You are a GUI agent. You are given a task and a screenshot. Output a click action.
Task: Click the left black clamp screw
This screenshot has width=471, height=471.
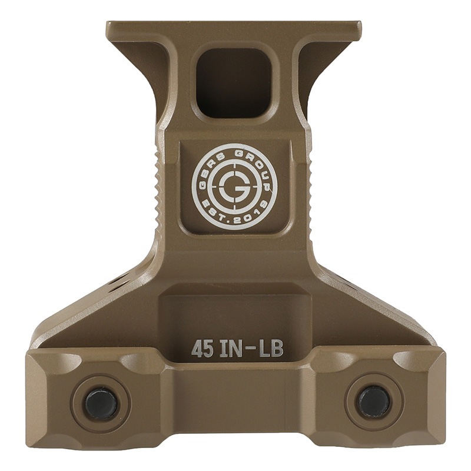pos(101,403)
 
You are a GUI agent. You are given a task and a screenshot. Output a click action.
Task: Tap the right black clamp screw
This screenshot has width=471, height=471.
pos(374,402)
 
